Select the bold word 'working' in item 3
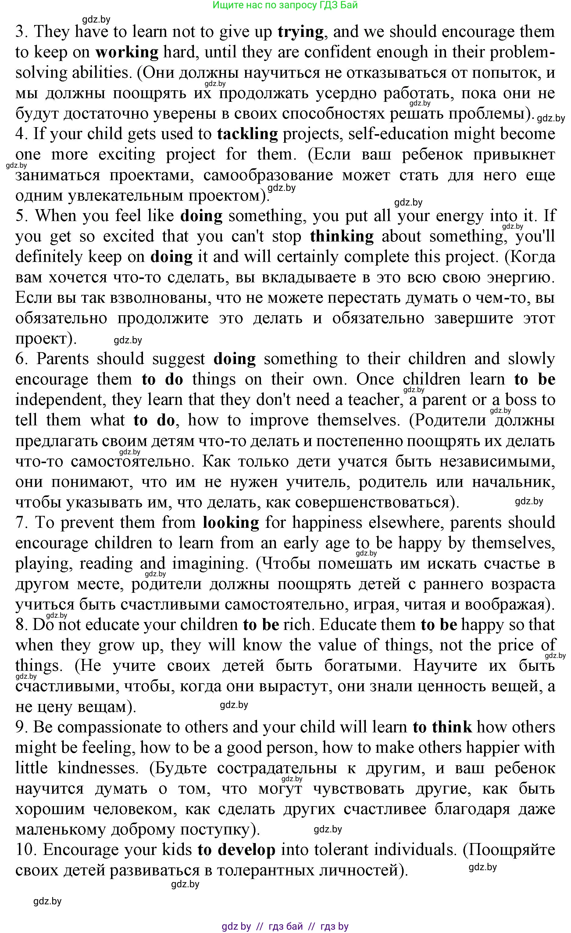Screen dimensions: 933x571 point(127,52)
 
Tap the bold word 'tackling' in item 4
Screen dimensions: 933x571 point(248,134)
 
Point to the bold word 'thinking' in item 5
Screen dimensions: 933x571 point(341,237)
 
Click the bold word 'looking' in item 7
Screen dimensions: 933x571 point(231,523)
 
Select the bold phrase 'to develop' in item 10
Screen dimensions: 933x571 point(236,850)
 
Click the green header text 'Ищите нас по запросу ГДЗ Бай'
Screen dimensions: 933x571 point(285,5)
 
